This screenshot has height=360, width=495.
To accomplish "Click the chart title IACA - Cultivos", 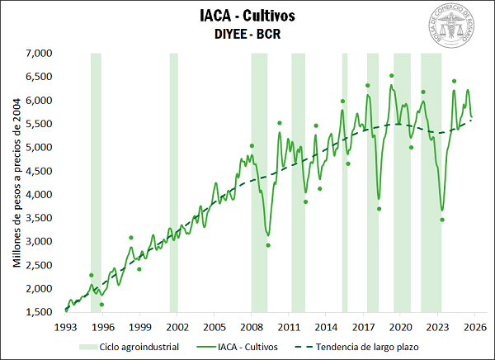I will (x=247, y=15).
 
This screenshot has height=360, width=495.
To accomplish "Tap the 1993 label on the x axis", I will (x=66, y=326).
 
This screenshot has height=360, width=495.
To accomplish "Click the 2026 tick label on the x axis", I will (x=475, y=326).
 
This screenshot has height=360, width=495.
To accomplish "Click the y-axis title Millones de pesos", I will (x=16, y=182).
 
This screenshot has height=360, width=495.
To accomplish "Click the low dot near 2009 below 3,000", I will (x=268, y=245).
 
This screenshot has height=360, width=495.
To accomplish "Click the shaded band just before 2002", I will (x=174, y=182).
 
